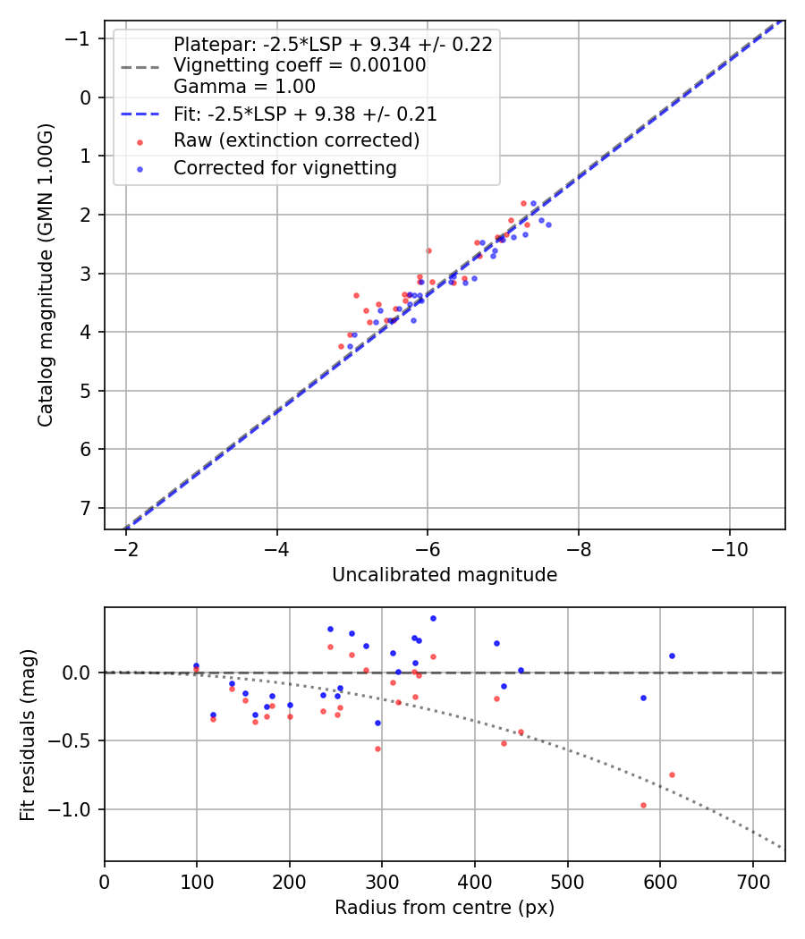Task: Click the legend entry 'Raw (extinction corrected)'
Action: click(x=296, y=141)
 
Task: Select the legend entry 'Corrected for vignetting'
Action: click(x=284, y=168)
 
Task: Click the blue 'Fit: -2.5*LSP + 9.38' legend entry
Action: click(x=305, y=114)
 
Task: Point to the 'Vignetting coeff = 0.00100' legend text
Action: click(x=300, y=65)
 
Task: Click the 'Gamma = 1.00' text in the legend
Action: click(x=244, y=87)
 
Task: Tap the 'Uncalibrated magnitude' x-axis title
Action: click(x=445, y=575)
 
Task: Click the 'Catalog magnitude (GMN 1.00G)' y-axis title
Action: click(x=46, y=275)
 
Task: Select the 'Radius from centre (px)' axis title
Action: click(x=445, y=908)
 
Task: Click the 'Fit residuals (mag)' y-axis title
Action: click(x=28, y=734)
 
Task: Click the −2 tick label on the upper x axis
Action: click(x=126, y=548)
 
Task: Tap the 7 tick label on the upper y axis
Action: click(x=86, y=508)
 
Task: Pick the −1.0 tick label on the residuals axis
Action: click(x=73, y=809)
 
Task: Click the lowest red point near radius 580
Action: click(x=643, y=805)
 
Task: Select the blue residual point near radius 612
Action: click(x=672, y=656)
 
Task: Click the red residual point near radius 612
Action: click(x=672, y=774)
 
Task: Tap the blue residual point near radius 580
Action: click(x=643, y=698)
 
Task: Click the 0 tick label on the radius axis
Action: click(x=105, y=880)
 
